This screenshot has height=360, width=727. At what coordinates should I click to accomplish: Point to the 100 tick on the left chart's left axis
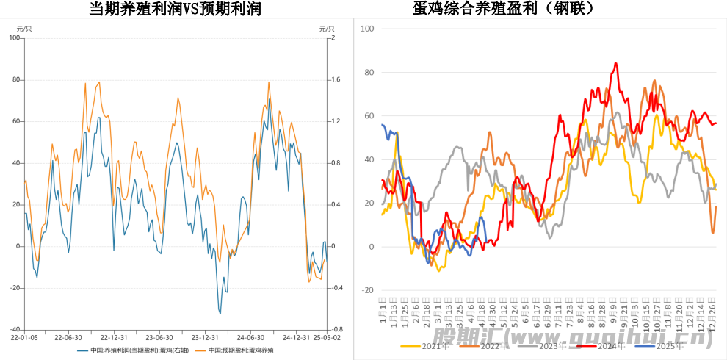click(x=15, y=37)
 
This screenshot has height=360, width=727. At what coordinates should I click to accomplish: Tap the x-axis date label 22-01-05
click(x=24, y=338)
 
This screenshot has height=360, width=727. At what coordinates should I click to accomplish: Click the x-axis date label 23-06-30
click(x=159, y=338)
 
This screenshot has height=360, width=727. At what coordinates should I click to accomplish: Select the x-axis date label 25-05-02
click(x=326, y=338)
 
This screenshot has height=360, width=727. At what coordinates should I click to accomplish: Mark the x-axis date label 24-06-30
click(x=251, y=338)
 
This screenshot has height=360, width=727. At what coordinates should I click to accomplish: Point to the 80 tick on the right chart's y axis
click(x=369, y=72)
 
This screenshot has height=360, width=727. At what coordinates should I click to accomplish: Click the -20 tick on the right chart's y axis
click(x=367, y=290)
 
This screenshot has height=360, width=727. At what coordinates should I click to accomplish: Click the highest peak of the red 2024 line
click(x=615, y=64)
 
